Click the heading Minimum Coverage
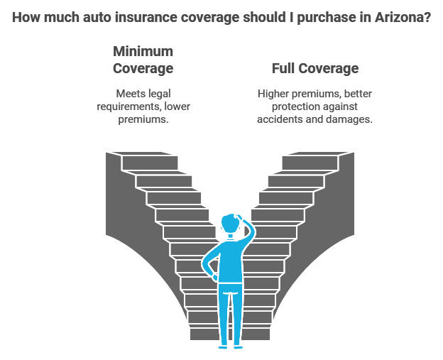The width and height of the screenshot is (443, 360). click(x=143, y=60)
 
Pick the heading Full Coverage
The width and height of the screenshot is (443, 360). click(x=315, y=69)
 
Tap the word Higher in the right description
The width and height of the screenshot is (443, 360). click(x=274, y=93)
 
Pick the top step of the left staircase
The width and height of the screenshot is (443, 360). click(x=149, y=163)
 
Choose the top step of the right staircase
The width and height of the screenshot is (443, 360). click(x=310, y=163)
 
